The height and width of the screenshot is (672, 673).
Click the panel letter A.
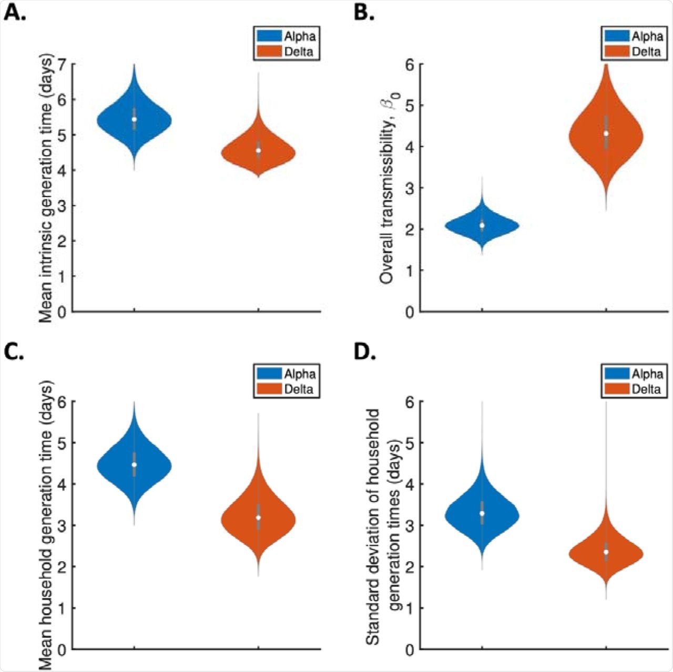[15, 13]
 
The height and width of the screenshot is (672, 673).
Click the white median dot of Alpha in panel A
[135, 119]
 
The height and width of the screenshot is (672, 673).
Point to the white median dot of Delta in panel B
[606, 133]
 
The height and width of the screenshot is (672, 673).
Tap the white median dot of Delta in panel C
[258, 518]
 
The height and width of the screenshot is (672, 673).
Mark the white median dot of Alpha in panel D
[482, 513]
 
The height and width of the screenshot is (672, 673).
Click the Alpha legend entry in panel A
[287, 36]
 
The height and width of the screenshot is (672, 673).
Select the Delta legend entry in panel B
[634, 51]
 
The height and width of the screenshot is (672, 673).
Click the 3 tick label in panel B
[410, 188]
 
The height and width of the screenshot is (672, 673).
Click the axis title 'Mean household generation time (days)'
[46, 525]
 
